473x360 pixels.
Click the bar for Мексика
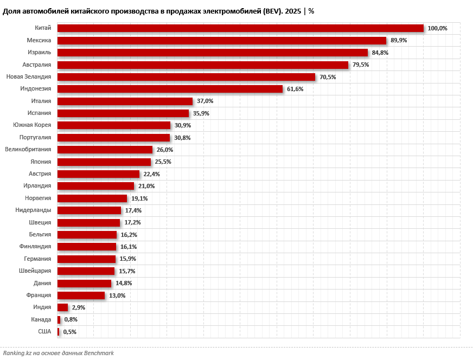pyautogui.click(x=221, y=41)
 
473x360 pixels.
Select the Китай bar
pyautogui.click(x=240, y=28)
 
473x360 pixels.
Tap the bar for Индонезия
pyautogui.click(x=170, y=89)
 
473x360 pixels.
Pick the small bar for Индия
pyautogui.click(x=62, y=307)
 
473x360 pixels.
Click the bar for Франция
pyautogui.click(x=81, y=295)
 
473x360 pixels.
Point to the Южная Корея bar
pyautogui.click(x=114, y=125)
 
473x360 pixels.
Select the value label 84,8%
pyautogui.click(x=380, y=53)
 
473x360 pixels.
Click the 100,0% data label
pyautogui.click(x=437, y=28)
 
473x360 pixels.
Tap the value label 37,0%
pyautogui.click(x=205, y=101)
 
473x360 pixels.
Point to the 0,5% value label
pyautogui.click(x=70, y=332)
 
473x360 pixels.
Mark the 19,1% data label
pyautogui.click(x=139, y=198)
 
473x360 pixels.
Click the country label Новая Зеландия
pyautogui.click(x=29, y=77)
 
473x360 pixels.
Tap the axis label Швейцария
pyautogui.click(x=35, y=271)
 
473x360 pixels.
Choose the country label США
pyautogui.click(x=44, y=331)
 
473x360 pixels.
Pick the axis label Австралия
pyautogui.click(x=37, y=65)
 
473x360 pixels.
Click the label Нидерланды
pyautogui.click(x=34, y=210)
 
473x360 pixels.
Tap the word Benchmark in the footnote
pyautogui.click(x=99, y=353)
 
